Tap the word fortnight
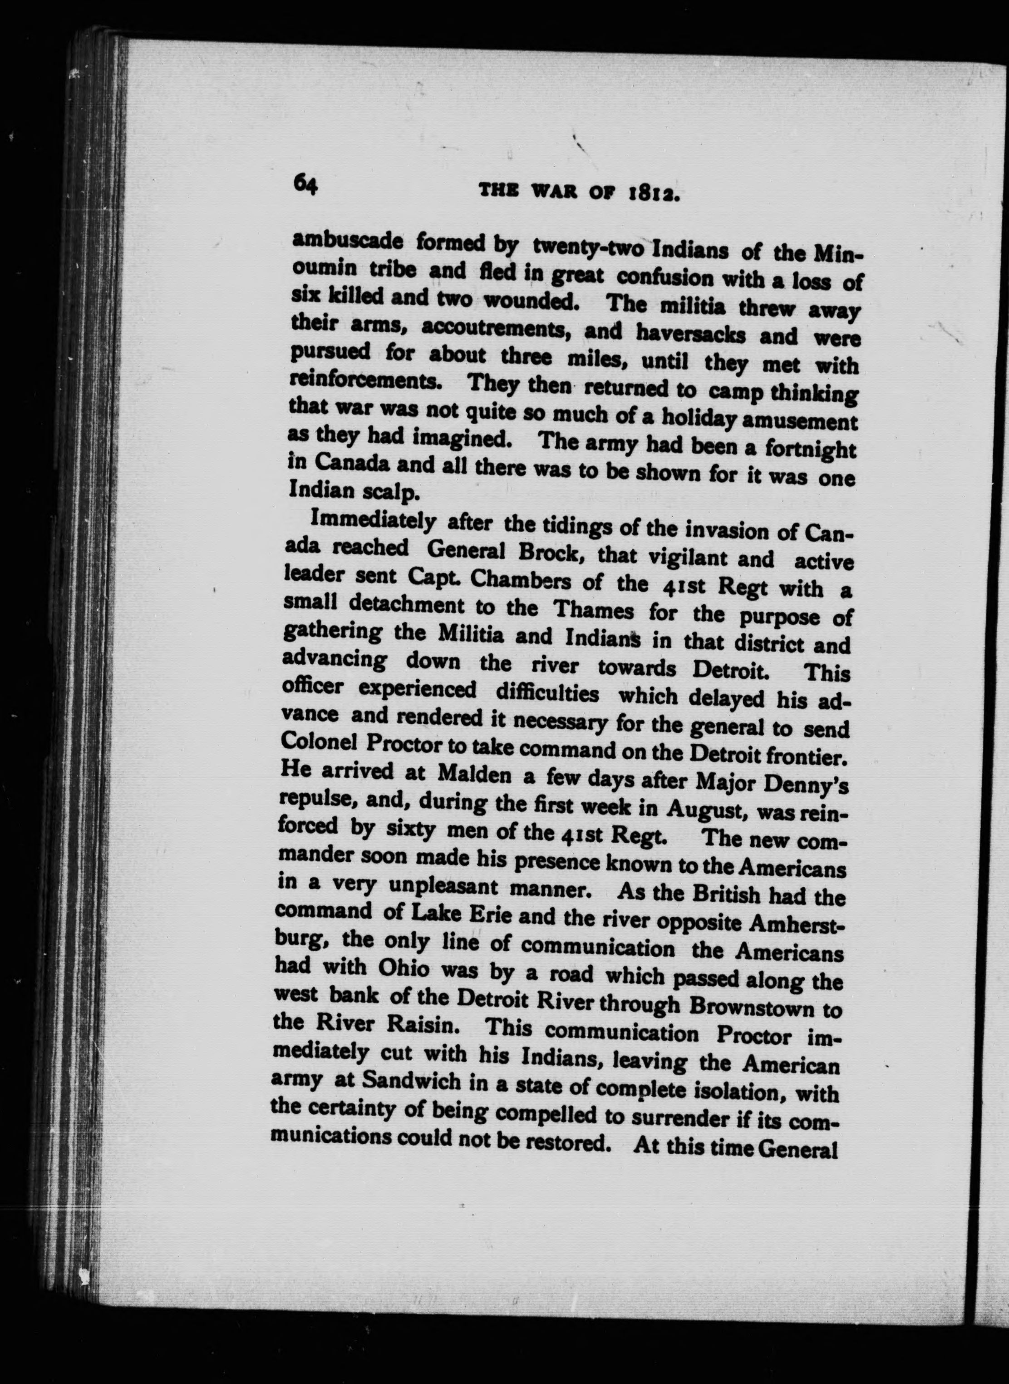[x=807, y=449]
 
